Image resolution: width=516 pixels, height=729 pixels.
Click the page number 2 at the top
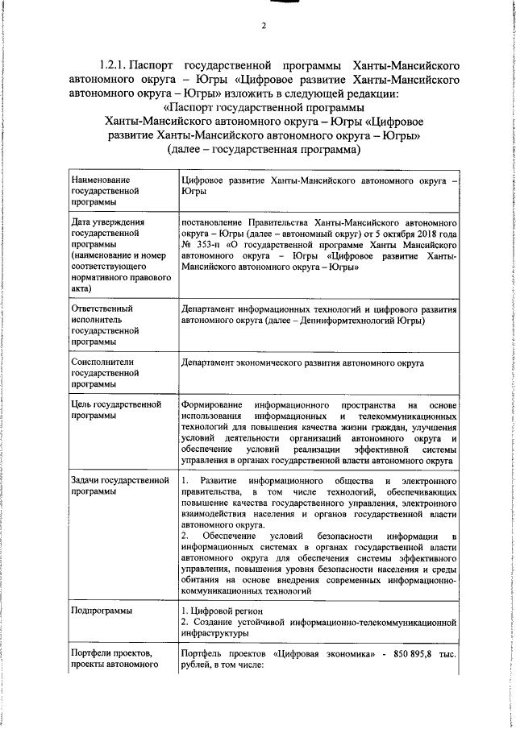click(263, 26)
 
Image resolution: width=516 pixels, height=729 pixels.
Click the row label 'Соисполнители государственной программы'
click(100, 373)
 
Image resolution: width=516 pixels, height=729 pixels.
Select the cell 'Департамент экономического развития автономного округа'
click(303, 363)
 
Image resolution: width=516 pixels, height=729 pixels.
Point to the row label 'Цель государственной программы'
click(116, 410)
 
